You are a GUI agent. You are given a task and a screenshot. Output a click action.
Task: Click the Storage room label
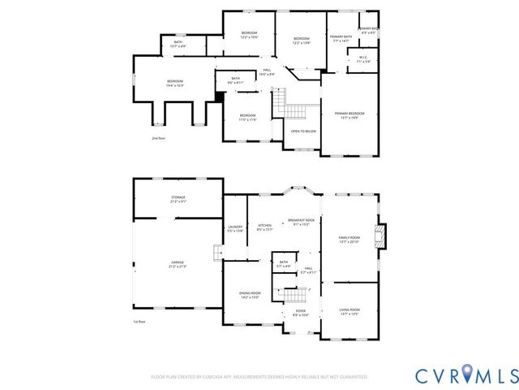(x=178, y=199)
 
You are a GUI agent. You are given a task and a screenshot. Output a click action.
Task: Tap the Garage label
(x=177, y=263)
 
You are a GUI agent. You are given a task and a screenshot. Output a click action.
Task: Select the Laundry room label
(x=235, y=229)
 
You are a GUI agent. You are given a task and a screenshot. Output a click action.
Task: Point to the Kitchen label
(x=264, y=227)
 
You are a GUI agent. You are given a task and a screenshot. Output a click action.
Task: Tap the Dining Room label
(x=250, y=294)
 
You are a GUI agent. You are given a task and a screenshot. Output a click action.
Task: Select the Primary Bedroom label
(x=350, y=115)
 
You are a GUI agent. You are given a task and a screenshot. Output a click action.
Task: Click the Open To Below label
(x=303, y=131)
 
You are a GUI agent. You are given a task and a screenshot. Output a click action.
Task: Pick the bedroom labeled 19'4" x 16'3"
(x=175, y=83)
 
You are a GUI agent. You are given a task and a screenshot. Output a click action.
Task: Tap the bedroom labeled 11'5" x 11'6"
(x=247, y=117)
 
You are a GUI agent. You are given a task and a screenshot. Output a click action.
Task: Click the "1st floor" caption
(x=139, y=323)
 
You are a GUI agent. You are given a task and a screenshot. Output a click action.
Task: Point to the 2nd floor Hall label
(x=267, y=72)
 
